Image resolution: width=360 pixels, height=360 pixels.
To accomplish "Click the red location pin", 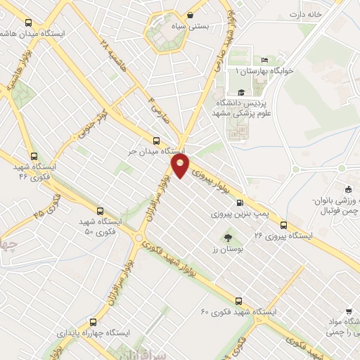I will [181, 167].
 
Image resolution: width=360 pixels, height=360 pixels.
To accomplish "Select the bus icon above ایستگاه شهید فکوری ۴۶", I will [33, 157].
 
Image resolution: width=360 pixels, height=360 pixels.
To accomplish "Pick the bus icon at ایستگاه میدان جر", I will [157, 139].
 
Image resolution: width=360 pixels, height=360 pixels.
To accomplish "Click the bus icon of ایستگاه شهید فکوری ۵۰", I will [99, 210].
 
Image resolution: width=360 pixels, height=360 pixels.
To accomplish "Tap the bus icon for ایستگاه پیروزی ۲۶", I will [283, 225].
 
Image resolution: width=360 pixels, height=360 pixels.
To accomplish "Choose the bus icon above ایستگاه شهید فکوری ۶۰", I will [239, 300].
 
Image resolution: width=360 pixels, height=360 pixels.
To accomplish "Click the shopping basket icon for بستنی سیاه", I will [190, 15].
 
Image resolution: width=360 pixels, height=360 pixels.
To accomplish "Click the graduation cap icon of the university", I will [241, 92].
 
